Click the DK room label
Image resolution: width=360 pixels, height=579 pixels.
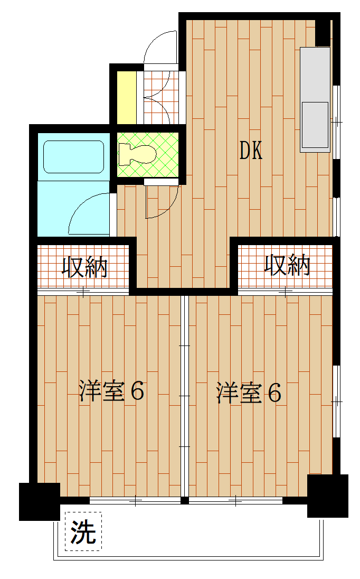[x=251, y=152]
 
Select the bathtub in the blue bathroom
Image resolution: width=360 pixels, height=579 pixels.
[x=73, y=156]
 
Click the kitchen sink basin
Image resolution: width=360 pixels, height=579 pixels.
[x=315, y=125]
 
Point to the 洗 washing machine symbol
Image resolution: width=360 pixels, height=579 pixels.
[x=83, y=531]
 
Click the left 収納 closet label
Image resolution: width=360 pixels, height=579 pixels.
[x=85, y=267]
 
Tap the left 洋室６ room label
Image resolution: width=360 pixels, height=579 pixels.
[x=112, y=392]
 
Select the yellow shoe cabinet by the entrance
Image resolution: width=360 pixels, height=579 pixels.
[x=126, y=96]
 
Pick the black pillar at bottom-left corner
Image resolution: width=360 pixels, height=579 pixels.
[x=39, y=501]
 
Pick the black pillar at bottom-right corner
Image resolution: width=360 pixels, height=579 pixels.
[x=327, y=496]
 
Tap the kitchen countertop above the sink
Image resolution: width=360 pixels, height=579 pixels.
[x=315, y=74]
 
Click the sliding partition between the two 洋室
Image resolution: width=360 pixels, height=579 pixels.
[x=184, y=396]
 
